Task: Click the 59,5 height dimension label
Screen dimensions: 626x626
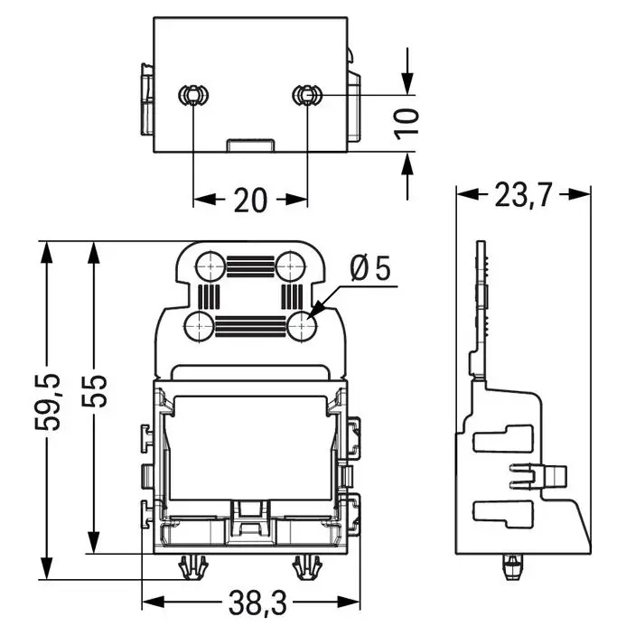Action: (x=48, y=402)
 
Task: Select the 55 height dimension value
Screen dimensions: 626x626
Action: (x=95, y=391)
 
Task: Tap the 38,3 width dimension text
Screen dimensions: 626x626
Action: (x=257, y=603)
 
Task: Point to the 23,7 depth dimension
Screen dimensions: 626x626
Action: (x=523, y=195)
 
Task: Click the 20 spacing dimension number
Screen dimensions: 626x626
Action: (x=250, y=200)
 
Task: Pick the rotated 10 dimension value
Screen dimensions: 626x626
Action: (x=406, y=124)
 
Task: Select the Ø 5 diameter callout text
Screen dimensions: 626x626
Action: (x=370, y=268)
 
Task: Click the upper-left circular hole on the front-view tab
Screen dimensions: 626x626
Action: (x=210, y=266)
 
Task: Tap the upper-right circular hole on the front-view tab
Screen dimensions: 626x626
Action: (x=290, y=266)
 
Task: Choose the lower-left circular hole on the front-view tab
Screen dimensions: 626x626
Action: (x=200, y=327)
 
